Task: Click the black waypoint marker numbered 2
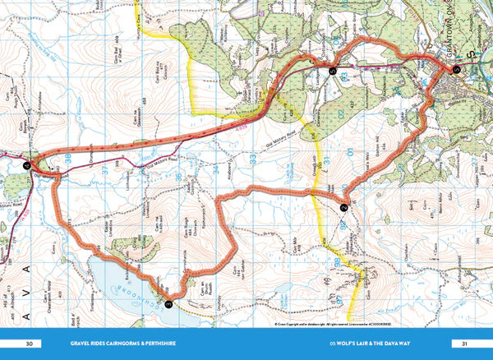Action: coord(343,209)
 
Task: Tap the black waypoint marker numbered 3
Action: coord(168,302)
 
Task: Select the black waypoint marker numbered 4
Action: coord(25,165)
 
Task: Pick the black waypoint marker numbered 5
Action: coord(332,72)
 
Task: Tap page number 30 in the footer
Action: coord(30,344)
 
